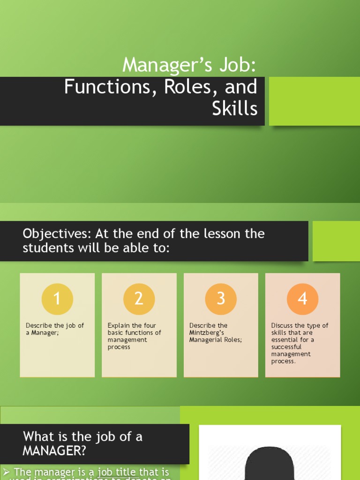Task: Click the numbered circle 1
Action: pos(57,299)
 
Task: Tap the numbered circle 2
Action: pos(139,299)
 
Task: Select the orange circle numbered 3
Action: pos(221,299)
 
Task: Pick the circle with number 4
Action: pos(303,299)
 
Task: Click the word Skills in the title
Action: pos(234,109)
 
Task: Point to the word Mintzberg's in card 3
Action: pos(207,333)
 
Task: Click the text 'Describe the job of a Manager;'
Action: pos(54,329)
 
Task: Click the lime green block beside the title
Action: pos(314,101)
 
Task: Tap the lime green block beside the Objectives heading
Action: pos(336,241)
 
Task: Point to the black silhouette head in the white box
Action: pos(270,464)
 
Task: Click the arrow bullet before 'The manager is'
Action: pos(7,472)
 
